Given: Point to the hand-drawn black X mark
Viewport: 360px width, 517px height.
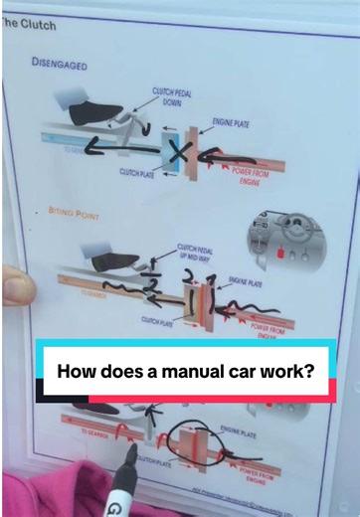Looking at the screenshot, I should pyautogui.click(x=180, y=153).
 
